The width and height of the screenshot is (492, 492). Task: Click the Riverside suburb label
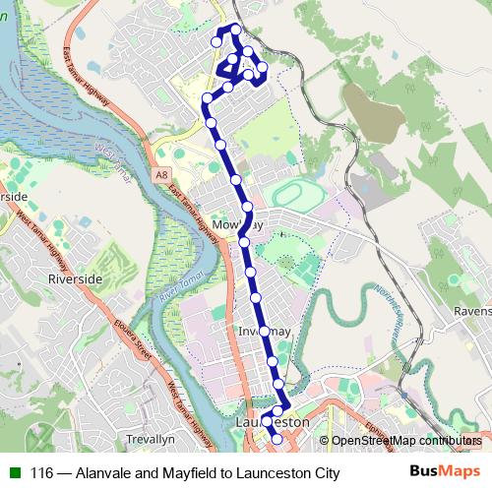point(75,279)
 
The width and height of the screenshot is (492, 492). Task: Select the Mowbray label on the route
point(237,224)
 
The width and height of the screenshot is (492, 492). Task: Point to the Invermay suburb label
point(264,332)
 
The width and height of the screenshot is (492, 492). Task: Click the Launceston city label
point(274,421)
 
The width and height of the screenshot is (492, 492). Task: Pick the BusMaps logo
point(444,471)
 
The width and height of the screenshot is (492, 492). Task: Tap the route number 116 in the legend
point(40,472)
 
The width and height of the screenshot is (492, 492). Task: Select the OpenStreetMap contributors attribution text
point(405,441)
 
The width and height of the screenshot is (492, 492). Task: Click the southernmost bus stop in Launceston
point(277,440)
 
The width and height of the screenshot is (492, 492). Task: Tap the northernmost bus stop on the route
point(234,30)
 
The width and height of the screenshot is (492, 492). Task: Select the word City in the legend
point(322,472)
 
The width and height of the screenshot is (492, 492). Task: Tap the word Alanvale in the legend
point(102,472)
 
